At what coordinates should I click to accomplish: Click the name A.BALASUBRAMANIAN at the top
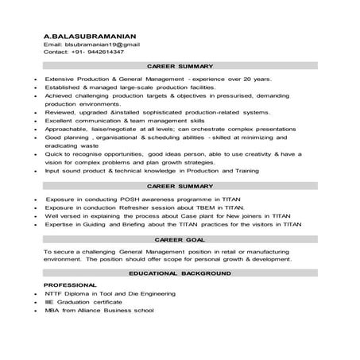click(x=90, y=36)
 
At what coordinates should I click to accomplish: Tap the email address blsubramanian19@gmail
click(x=103, y=45)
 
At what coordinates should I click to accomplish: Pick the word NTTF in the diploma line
click(x=53, y=294)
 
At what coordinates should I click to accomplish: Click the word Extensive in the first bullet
click(x=58, y=80)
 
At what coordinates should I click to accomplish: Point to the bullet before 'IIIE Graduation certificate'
click(x=29, y=302)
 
